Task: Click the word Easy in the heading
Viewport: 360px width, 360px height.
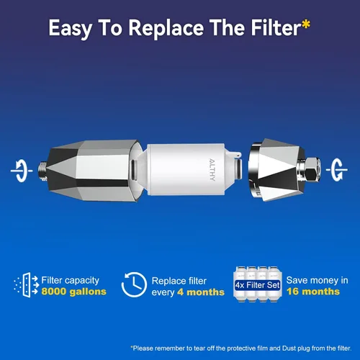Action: (x=70, y=29)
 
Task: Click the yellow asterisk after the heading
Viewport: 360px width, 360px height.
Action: (x=306, y=24)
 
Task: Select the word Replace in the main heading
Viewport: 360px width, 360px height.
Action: (x=166, y=29)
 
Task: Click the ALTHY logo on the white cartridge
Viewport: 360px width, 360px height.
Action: (x=212, y=169)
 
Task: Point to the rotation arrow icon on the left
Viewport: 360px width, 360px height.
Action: (x=22, y=171)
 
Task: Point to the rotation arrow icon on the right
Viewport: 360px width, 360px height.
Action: (x=337, y=170)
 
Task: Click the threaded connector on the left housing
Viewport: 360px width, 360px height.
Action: (x=42, y=171)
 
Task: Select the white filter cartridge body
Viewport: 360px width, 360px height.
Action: (x=186, y=169)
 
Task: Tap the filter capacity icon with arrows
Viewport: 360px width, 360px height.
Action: (x=26, y=285)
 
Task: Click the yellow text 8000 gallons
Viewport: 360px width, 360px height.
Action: (x=73, y=292)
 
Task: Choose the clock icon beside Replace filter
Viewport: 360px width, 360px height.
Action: (x=134, y=285)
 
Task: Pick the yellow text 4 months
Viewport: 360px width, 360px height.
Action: (x=201, y=292)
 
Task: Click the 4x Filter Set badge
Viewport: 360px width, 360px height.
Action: (x=258, y=285)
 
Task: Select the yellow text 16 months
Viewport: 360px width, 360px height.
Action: (x=313, y=292)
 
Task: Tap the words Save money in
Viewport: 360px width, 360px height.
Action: (x=317, y=280)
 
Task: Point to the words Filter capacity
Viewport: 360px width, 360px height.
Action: (x=70, y=280)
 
